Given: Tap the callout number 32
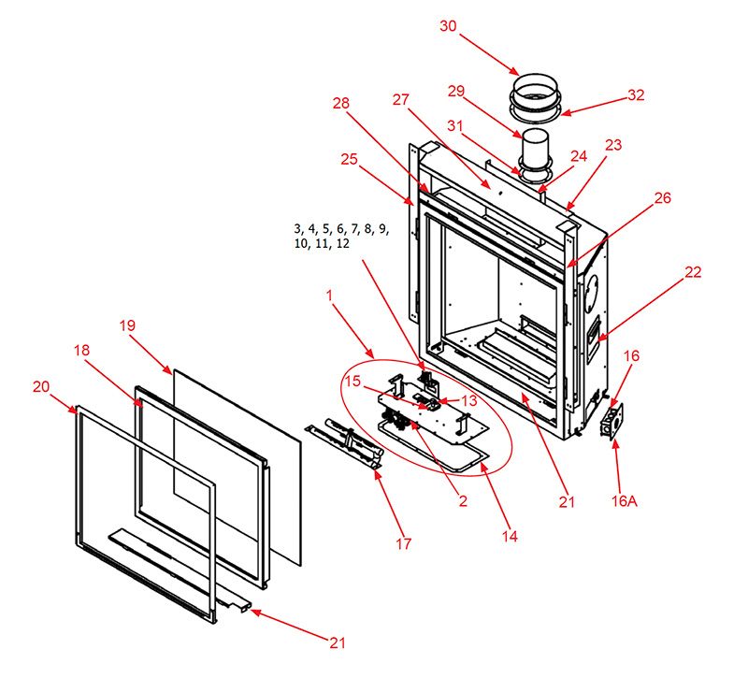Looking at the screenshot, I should point(637,96).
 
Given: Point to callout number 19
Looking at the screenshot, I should point(128,325).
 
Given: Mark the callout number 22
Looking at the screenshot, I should point(692,272).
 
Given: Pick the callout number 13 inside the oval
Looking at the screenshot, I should point(468,400).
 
